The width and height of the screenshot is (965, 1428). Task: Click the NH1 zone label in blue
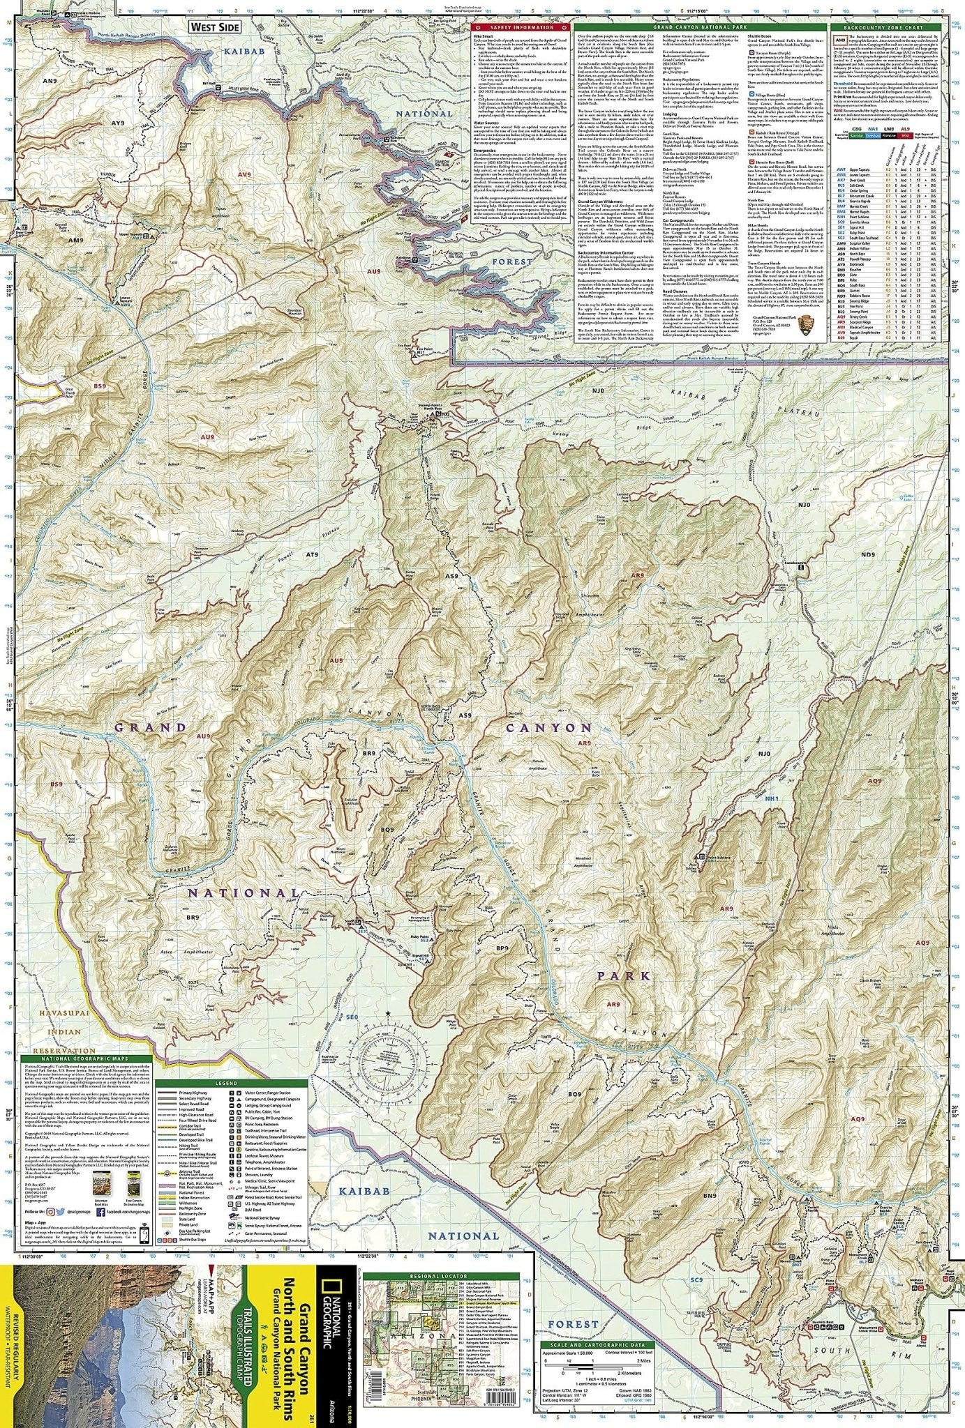(x=770, y=798)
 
